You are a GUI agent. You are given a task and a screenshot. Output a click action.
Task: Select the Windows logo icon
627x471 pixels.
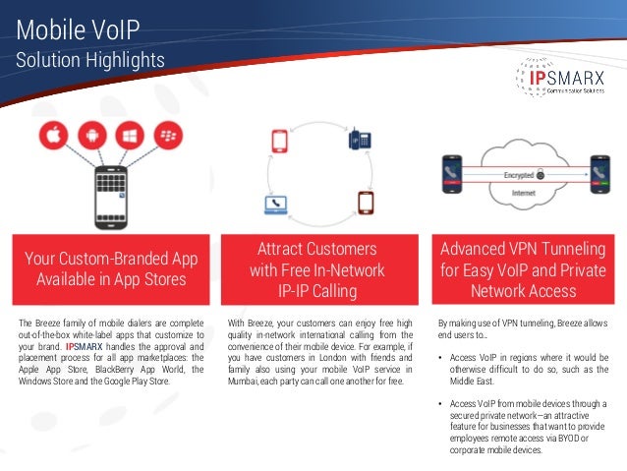129,137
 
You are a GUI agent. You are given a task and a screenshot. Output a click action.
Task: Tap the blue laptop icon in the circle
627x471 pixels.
275,206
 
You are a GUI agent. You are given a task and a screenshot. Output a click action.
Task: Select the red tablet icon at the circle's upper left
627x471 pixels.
278,141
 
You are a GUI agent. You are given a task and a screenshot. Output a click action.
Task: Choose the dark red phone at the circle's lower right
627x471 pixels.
366,203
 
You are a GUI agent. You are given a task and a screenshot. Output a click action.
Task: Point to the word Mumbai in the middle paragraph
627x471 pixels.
244,380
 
